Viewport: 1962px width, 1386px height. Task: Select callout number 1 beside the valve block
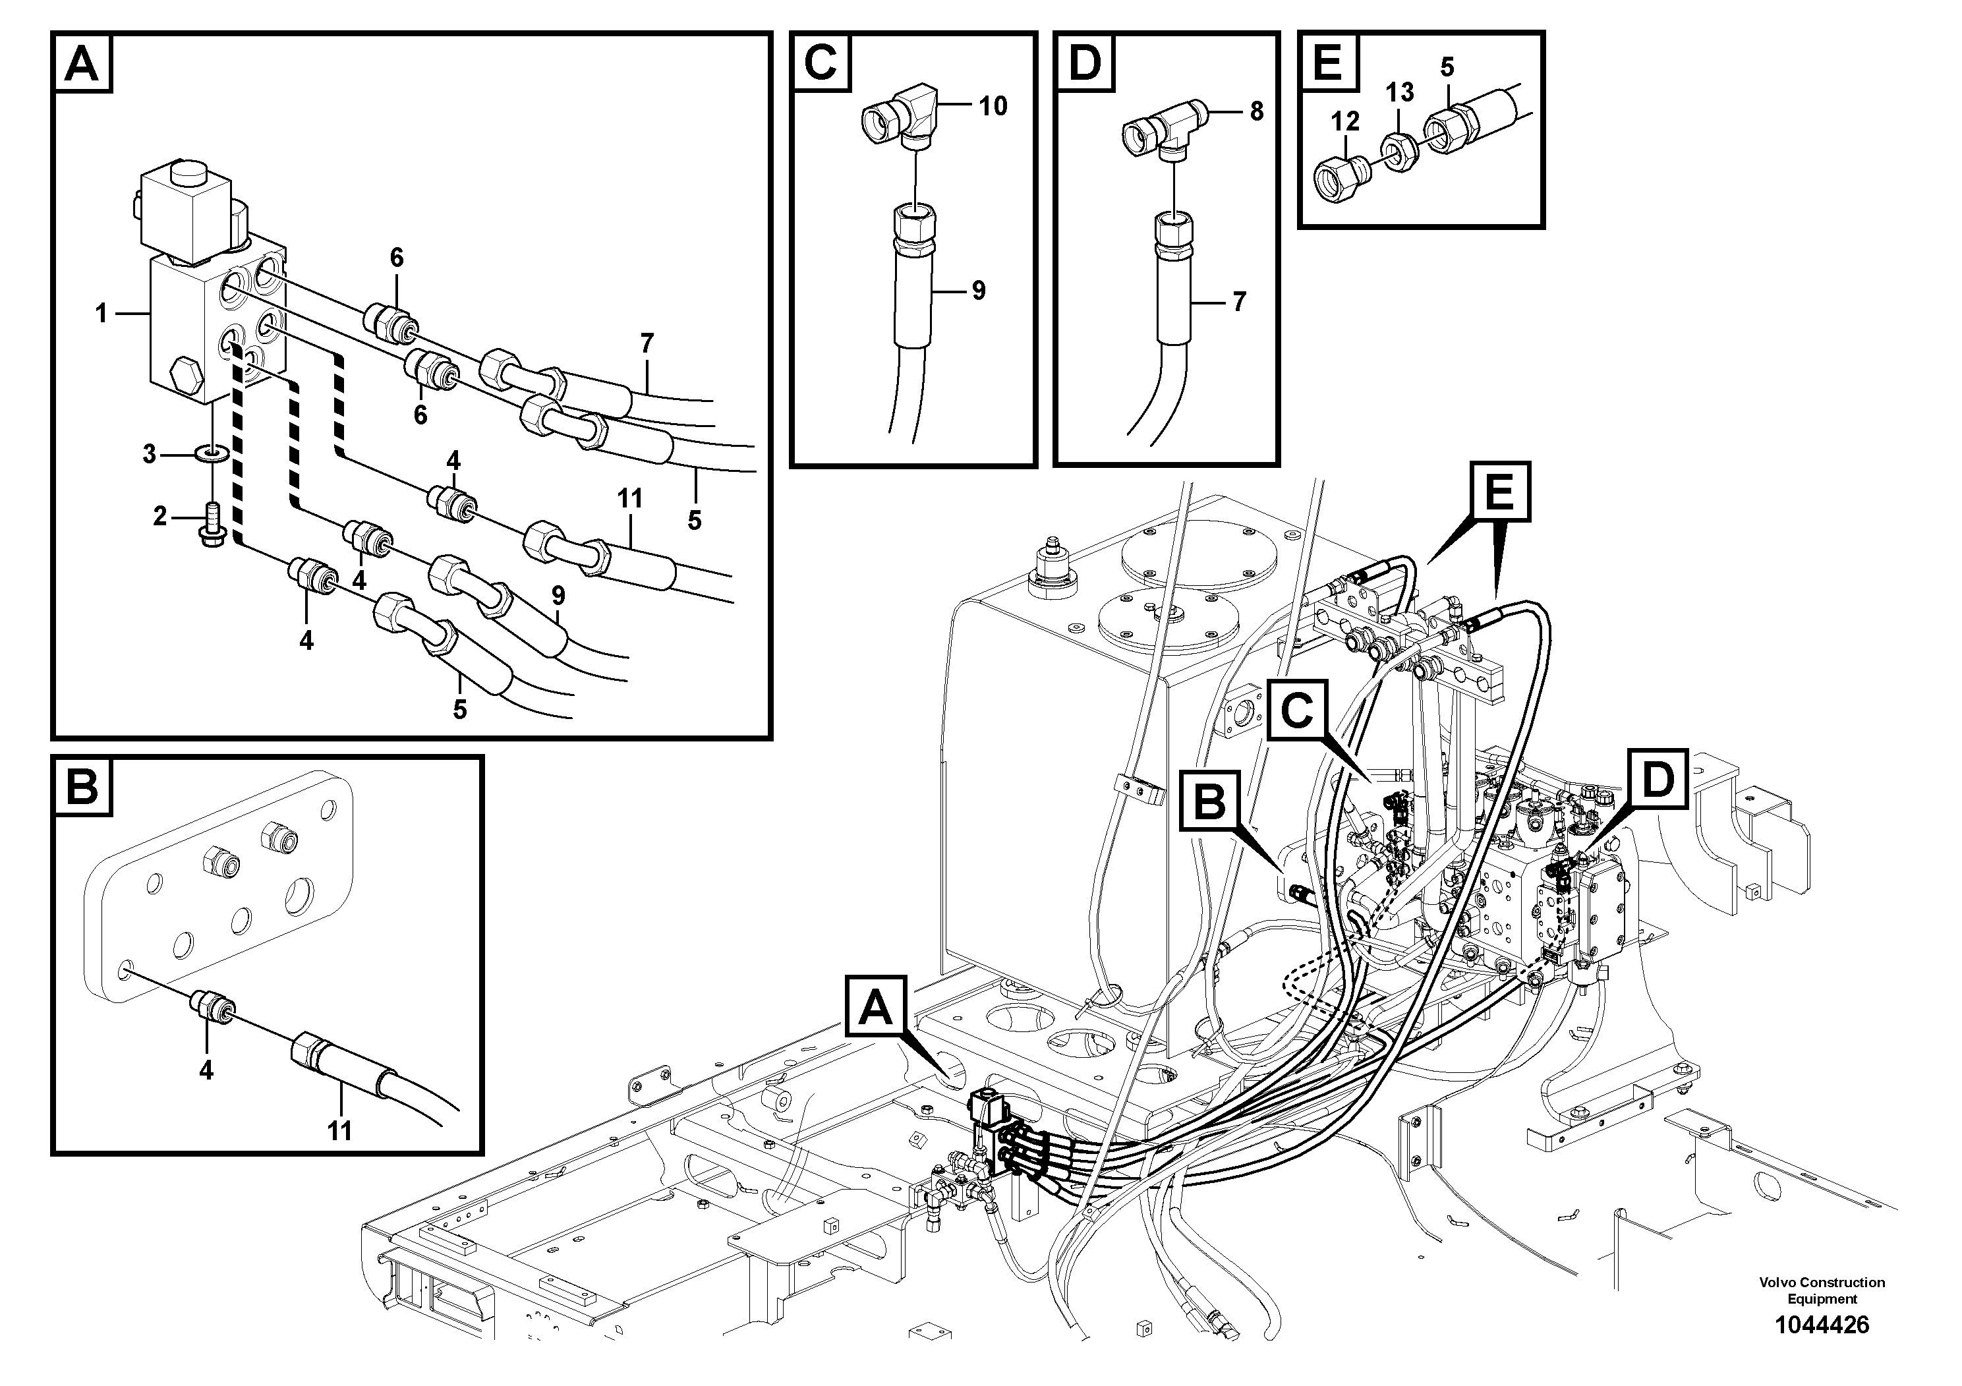click(101, 314)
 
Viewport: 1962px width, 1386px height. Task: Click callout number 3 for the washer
click(150, 455)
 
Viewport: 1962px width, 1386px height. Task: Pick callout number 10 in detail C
click(993, 106)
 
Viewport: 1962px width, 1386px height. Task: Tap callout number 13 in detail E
click(1399, 92)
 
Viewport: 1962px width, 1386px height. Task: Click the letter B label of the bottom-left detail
click(83, 786)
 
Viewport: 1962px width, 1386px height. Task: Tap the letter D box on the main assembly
click(1658, 778)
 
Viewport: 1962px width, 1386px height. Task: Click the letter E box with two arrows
click(1500, 492)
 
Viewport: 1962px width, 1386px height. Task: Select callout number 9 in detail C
click(979, 291)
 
